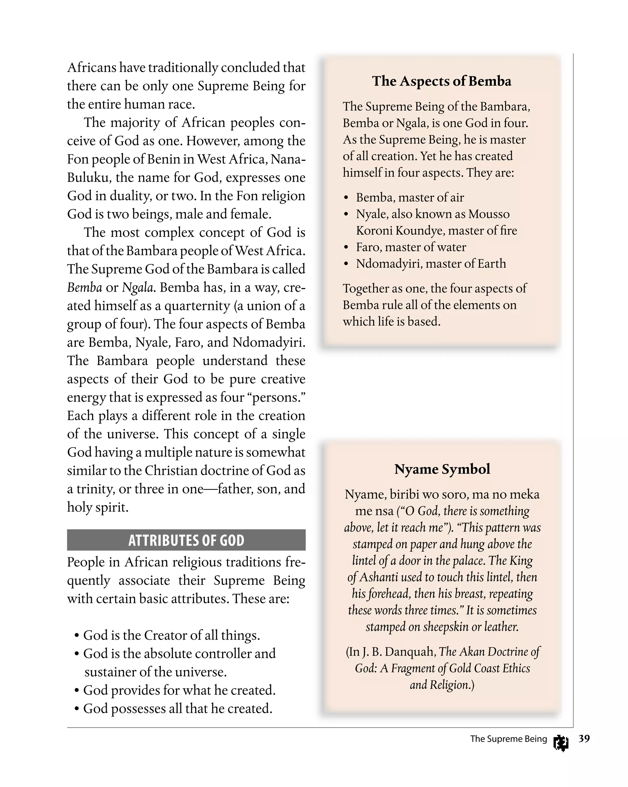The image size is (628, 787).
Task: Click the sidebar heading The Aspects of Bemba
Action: [x=441, y=81]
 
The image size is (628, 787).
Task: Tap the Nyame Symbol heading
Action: [x=442, y=469]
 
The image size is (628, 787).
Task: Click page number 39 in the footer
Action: [x=584, y=739]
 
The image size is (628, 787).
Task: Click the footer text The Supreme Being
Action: [x=508, y=739]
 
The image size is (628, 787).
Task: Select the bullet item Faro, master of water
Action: [x=411, y=247]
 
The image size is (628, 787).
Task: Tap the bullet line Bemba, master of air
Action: [x=410, y=198]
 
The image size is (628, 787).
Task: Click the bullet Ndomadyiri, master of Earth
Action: [x=431, y=263]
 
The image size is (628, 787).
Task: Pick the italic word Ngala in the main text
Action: [x=137, y=288]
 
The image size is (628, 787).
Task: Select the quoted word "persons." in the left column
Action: [x=278, y=397]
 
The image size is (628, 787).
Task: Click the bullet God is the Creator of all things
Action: [x=171, y=635]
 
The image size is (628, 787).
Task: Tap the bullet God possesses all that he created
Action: [x=178, y=709]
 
